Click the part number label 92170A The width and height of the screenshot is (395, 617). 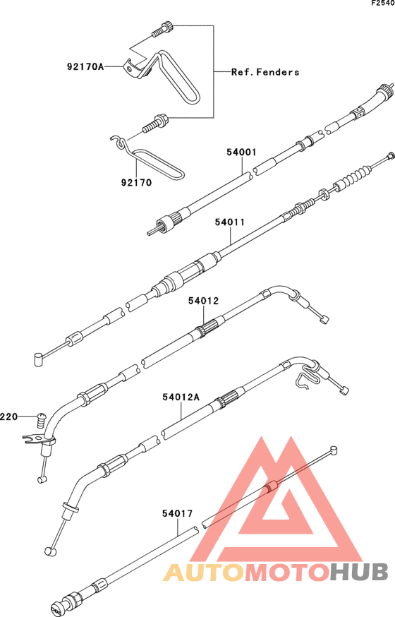85,66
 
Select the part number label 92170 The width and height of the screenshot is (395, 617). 136,183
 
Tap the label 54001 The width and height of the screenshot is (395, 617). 241,152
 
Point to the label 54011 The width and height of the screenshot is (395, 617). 230,222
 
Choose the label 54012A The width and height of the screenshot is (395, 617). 181,397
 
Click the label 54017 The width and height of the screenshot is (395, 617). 178,513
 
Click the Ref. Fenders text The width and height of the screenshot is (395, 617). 265,72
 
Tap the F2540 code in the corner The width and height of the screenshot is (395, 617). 383,4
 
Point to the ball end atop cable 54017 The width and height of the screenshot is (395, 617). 334,450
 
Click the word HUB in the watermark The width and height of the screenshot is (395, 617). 359,572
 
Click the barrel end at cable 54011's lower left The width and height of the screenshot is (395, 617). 38,359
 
